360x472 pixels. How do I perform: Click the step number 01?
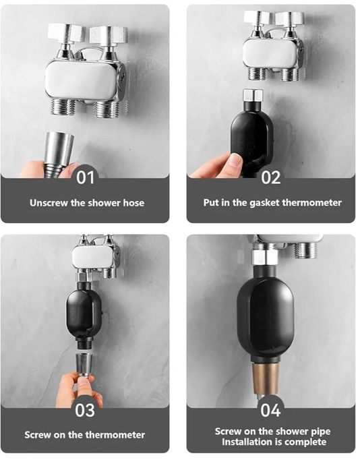tap(85, 177)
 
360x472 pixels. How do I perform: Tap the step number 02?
tap(271, 177)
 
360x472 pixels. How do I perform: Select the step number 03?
tap(85, 410)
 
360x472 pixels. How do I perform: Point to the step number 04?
tap(270, 410)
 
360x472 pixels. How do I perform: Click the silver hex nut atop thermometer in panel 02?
tap(253, 96)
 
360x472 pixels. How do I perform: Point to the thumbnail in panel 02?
tap(236, 160)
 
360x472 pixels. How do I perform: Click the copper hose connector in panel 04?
tap(265, 379)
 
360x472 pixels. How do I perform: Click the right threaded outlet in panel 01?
tap(106, 109)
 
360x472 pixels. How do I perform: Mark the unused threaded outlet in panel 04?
tap(305, 250)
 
